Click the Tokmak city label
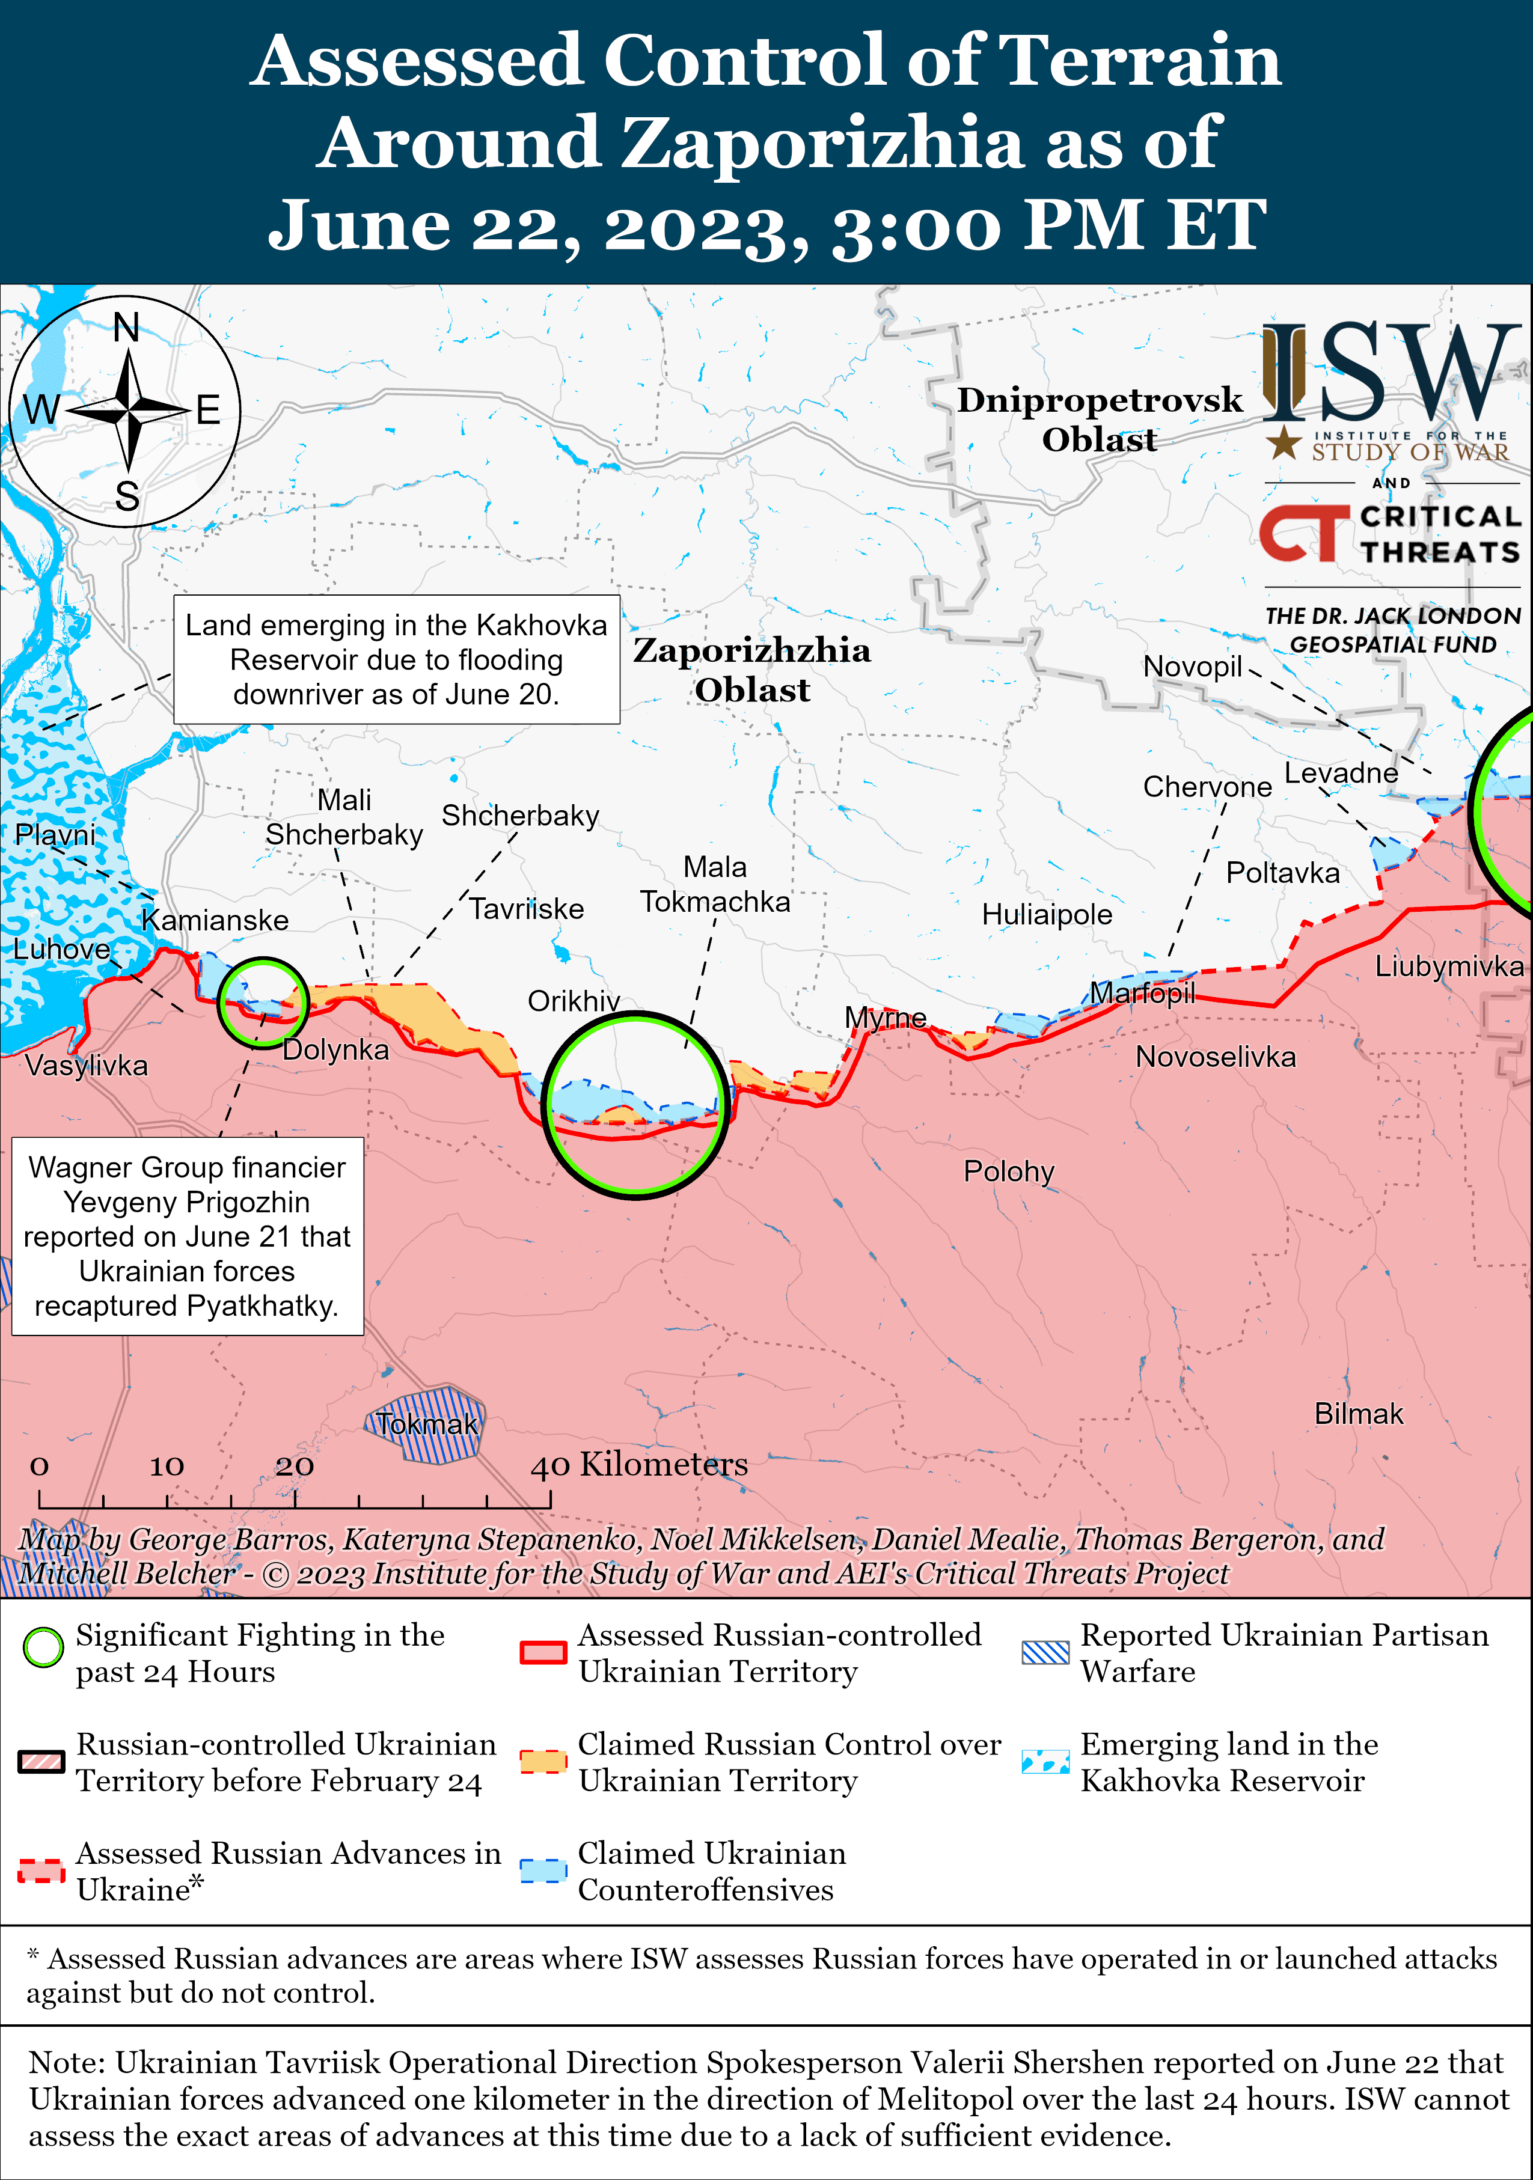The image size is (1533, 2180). point(426,1424)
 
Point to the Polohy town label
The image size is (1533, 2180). point(1009,1171)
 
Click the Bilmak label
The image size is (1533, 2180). point(1358,1414)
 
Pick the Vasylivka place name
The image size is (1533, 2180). point(87,1065)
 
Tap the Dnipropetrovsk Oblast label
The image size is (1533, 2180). point(1099,420)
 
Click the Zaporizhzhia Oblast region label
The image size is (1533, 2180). point(751,670)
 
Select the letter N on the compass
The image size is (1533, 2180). point(126,329)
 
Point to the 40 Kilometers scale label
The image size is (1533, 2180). point(639,1464)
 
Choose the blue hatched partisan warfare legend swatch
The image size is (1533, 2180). point(1045,1652)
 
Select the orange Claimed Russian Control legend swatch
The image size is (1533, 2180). point(543,1761)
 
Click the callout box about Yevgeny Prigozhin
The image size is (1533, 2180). point(187,1236)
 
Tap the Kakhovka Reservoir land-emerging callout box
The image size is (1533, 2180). point(396,660)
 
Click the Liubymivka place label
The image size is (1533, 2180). point(1448,966)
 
